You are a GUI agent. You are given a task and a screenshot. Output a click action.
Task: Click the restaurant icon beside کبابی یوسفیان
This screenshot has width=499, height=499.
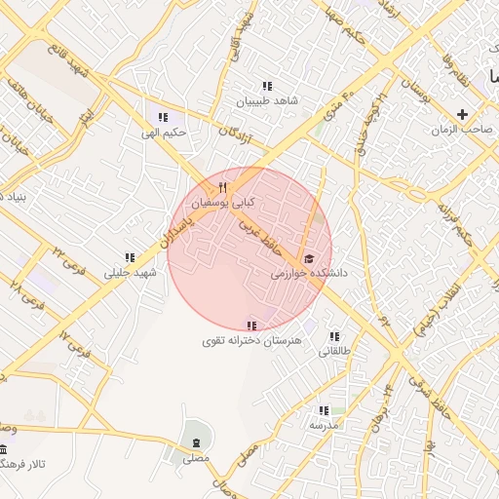[x=223, y=187]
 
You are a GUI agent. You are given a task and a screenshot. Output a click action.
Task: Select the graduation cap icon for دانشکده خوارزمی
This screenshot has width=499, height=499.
[x=309, y=258]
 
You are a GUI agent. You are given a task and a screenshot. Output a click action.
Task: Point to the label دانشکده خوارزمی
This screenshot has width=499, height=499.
[x=309, y=275]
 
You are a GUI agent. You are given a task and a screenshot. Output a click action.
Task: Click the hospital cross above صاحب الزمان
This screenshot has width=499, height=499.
[x=462, y=114]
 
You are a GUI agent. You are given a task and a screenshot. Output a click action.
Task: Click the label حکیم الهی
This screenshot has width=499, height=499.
[x=163, y=133]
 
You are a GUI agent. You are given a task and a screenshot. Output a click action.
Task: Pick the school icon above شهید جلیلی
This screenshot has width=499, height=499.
[x=130, y=257]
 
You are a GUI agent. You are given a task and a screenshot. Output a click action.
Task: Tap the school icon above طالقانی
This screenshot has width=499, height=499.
[x=334, y=335]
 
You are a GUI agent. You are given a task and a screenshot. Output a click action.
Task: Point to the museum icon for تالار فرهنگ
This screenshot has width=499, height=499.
[x=3, y=448]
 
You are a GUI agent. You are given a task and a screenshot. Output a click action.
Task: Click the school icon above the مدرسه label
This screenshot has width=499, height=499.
[x=324, y=410]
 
